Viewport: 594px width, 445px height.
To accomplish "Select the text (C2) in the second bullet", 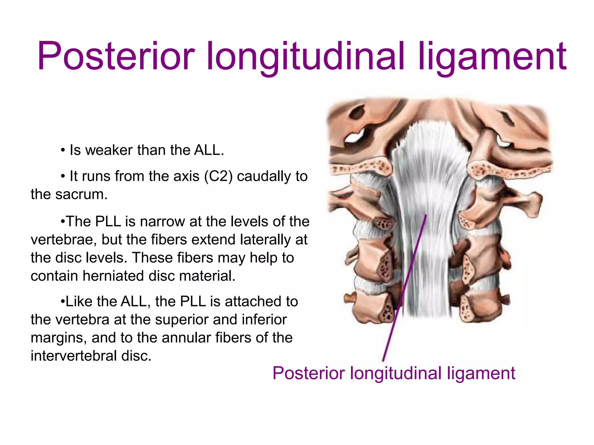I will coord(218,176).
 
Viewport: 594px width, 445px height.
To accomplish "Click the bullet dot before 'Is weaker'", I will coord(63,151).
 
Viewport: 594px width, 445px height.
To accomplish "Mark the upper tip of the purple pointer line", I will coord(426,215).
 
